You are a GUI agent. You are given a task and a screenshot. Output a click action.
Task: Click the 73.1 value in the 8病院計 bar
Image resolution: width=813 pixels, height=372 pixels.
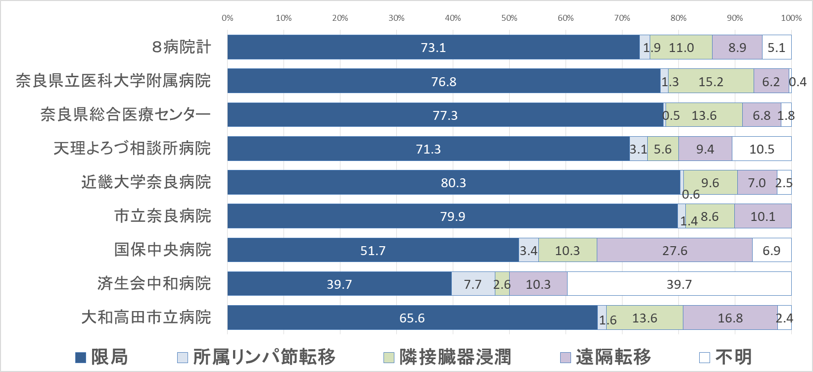click(433, 48)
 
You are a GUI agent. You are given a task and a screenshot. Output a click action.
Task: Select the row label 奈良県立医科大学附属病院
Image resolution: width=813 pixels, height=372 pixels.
click(113, 81)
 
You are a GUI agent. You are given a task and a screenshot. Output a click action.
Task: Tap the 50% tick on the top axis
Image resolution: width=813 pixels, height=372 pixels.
click(509, 18)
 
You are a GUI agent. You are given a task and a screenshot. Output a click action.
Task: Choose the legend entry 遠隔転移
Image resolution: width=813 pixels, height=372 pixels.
click(606, 357)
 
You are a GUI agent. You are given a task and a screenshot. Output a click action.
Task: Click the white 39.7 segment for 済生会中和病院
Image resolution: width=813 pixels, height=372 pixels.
click(679, 284)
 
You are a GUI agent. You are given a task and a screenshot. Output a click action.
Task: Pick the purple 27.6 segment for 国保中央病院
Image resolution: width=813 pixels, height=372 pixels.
click(674, 251)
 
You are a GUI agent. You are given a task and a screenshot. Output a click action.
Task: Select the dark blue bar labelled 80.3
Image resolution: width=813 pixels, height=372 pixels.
click(453, 183)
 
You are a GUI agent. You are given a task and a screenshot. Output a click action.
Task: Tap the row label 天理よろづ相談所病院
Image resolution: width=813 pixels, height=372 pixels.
click(132, 148)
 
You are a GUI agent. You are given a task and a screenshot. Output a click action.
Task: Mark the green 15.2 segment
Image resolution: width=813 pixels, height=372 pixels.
click(711, 82)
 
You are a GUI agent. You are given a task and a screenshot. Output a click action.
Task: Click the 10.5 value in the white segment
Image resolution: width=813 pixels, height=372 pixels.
click(762, 149)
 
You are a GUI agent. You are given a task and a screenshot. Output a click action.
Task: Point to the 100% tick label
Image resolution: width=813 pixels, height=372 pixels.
click(791, 18)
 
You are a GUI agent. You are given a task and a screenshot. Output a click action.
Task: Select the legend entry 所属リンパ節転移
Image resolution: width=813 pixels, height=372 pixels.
click(257, 357)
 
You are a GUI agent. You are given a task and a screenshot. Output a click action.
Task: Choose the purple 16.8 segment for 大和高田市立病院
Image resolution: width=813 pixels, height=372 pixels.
click(730, 318)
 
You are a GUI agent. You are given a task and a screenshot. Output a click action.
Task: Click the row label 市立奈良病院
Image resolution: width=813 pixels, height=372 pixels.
click(163, 216)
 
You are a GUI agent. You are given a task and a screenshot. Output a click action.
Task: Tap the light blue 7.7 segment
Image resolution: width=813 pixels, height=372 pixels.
click(473, 284)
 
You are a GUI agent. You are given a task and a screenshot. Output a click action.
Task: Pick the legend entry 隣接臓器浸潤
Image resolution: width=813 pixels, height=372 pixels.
click(447, 357)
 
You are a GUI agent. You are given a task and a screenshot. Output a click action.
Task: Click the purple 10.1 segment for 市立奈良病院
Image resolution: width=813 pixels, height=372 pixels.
click(763, 216)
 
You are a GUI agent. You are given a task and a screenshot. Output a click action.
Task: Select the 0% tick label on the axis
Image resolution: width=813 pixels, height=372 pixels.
click(228, 18)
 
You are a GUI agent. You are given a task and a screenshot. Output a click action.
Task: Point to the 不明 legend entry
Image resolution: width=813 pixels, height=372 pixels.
click(726, 357)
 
